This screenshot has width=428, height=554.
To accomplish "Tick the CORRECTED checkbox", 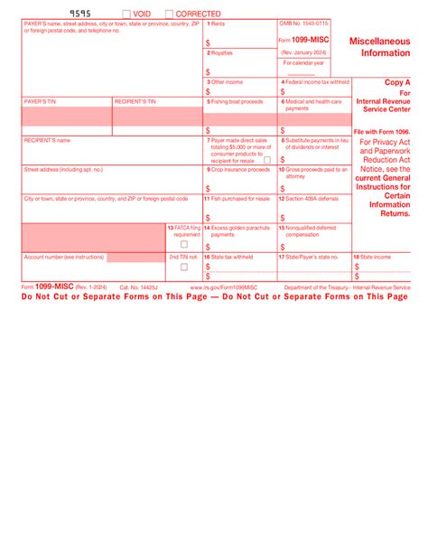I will coord(169,14).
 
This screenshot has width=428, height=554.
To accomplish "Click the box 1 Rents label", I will coord(217,23).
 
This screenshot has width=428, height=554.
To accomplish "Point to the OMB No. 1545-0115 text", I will coord(304,23).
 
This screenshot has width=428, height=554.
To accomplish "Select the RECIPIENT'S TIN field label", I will coord(135,102).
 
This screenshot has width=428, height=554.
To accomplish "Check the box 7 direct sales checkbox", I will coord(267,160).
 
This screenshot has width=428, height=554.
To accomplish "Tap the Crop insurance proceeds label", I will coord(238,169).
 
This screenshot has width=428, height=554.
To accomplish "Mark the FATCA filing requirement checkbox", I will coord(184,244).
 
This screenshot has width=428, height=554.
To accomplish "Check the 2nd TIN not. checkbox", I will coord(184,267).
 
